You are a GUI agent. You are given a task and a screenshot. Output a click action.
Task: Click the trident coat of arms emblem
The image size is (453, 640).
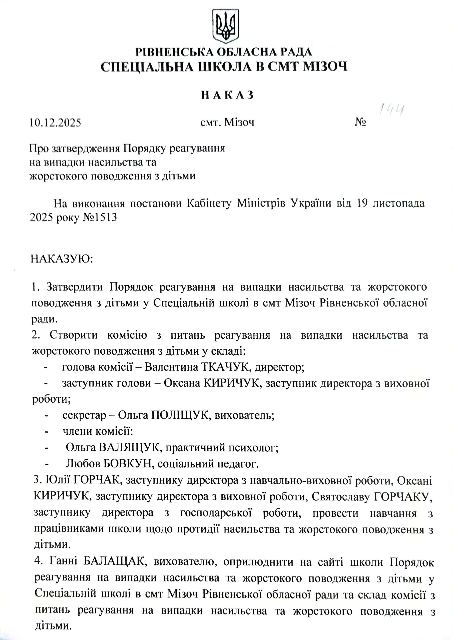(x=226, y=26)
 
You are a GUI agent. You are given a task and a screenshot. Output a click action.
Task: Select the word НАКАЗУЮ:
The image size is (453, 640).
(x=61, y=259)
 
